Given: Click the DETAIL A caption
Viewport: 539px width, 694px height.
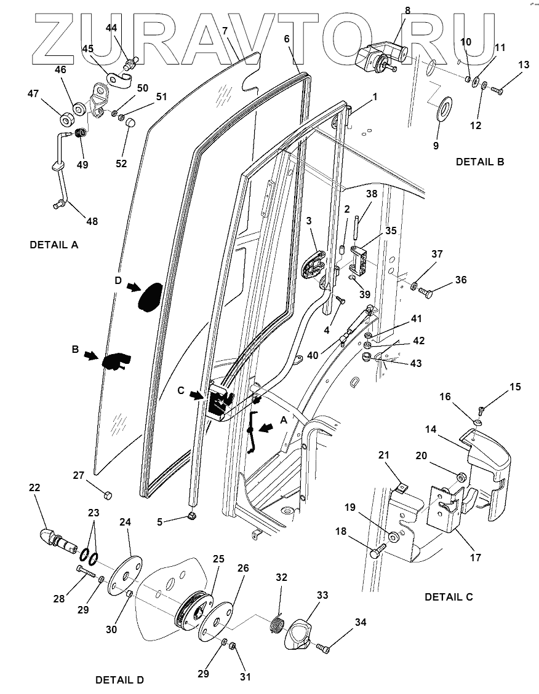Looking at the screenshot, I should [54, 245].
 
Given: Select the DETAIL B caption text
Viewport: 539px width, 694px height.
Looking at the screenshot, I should [480, 162].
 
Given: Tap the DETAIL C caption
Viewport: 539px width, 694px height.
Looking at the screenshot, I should [449, 597].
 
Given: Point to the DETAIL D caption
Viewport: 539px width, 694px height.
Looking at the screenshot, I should [119, 680].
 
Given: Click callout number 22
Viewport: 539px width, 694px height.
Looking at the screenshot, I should [35, 487].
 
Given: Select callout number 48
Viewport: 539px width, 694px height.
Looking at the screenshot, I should [90, 221].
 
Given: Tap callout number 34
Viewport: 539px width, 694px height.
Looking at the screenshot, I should [360, 623].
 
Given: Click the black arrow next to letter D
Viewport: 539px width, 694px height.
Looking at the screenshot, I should [133, 286].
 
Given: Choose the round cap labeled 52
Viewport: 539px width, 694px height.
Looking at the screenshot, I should [130, 122].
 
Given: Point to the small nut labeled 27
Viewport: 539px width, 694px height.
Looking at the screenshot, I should [106, 495].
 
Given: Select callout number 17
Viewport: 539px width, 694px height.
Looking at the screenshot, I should [474, 558].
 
